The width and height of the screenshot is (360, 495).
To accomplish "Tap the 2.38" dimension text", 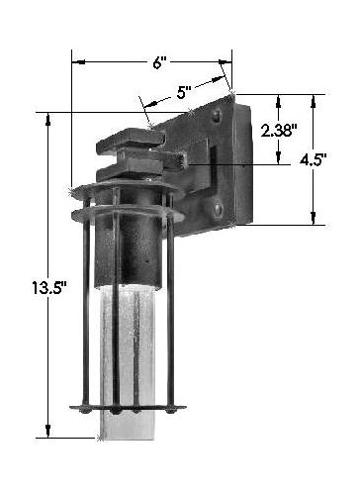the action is (277, 132).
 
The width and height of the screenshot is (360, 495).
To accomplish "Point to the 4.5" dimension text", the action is (313, 160).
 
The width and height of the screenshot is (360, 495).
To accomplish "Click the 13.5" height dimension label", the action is (49, 287).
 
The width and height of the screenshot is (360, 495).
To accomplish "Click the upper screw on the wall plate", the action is (216, 116).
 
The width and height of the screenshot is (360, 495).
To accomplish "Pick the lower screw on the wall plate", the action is (219, 210).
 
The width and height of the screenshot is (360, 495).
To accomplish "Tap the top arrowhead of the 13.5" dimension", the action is (48, 119).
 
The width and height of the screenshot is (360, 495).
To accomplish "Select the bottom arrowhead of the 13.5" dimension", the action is (48, 432).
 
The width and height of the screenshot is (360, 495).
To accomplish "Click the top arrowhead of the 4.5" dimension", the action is (314, 101).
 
